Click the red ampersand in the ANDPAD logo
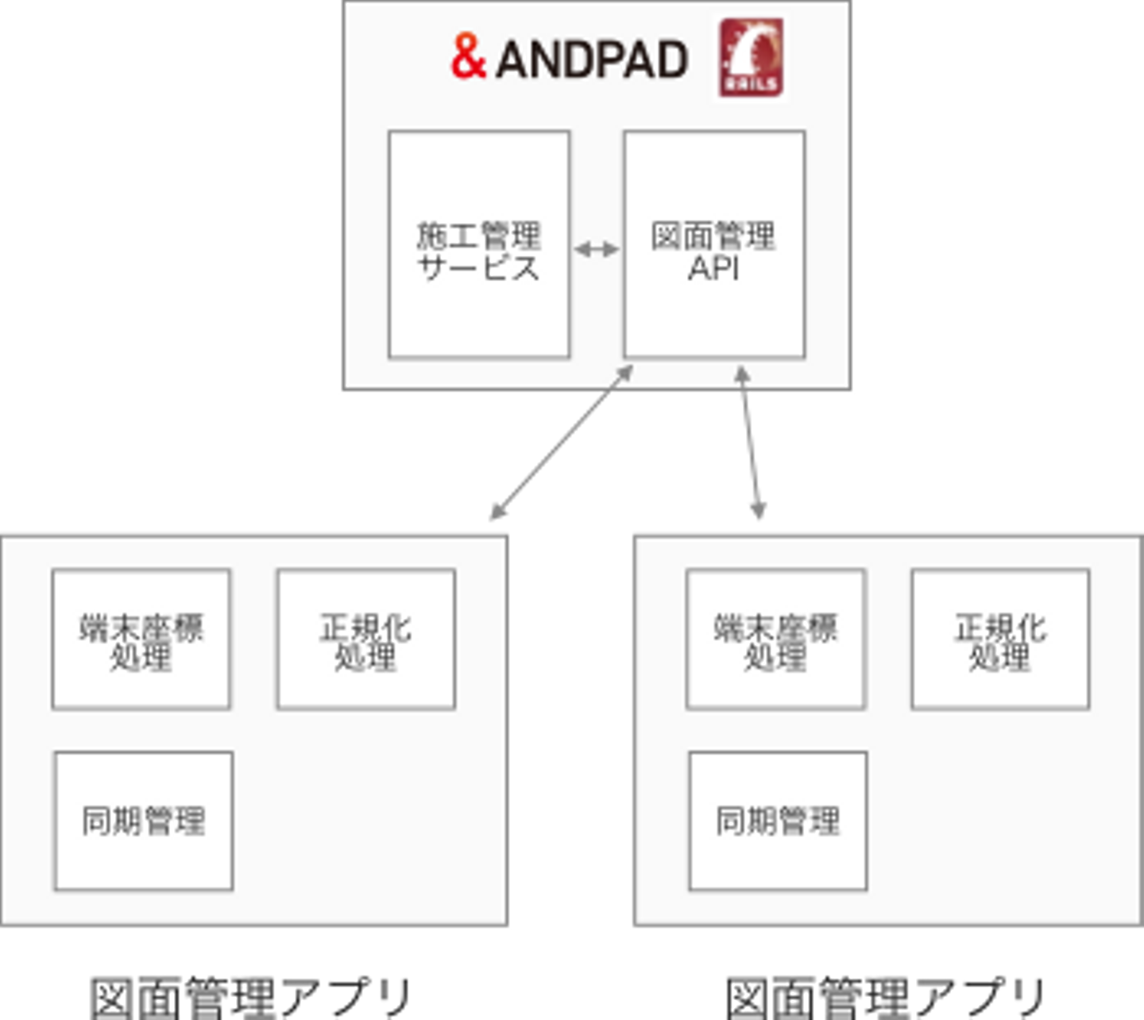[x=468, y=57]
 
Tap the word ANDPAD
[x=592, y=60]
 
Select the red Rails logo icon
[x=751, y=58]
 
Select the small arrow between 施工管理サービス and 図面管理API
[x=597, y=250]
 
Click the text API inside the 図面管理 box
[x=713, y=269]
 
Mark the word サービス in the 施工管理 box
[x=479, y=269]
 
